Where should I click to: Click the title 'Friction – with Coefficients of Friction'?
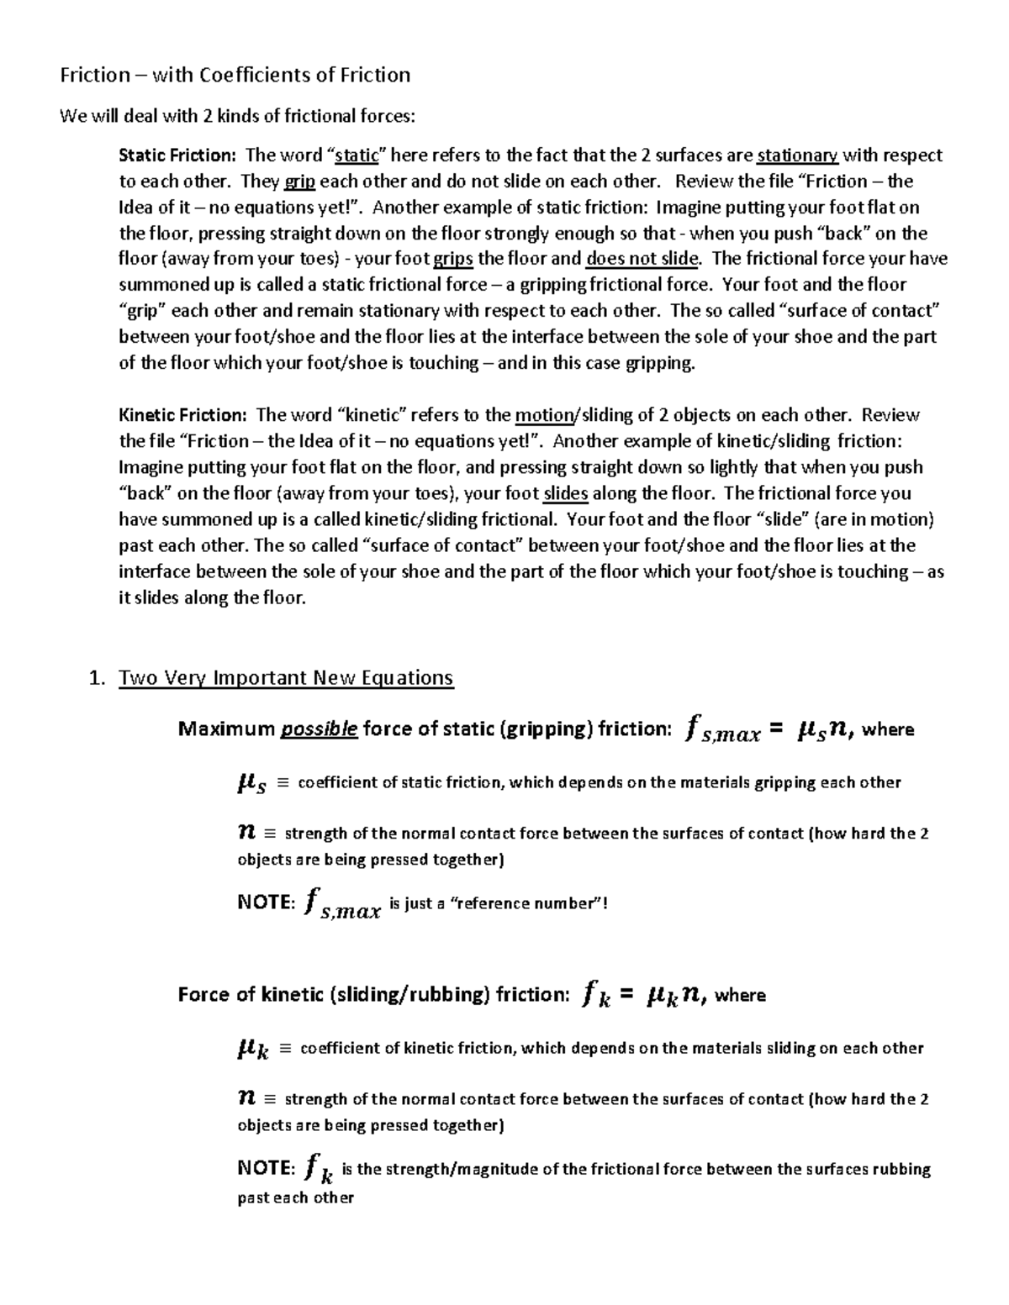(235, 76)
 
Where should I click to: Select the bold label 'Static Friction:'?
(177, 155)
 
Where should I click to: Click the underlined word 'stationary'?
(797, 155)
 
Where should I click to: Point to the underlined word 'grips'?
(452, 259)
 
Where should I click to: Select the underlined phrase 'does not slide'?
(642, 259)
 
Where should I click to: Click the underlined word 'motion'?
(543, 415)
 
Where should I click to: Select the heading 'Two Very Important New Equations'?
(287, 678)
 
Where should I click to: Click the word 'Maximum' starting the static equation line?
(226, 729)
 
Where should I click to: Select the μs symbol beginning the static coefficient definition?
(252, 784)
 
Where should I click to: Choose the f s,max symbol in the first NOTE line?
(343, 905)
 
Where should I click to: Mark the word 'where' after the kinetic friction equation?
(740, 996)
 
